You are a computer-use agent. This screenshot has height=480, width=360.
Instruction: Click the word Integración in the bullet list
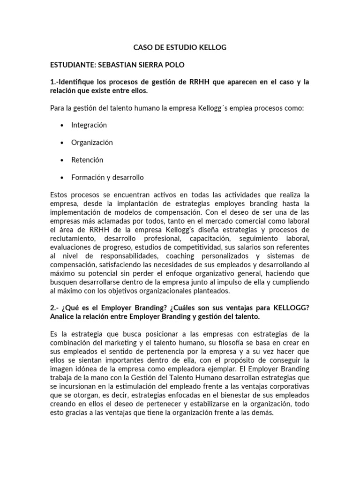(x=89, y=125)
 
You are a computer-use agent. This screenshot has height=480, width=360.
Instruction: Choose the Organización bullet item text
(x=92, y=142)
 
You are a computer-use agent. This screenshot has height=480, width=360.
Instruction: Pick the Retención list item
(x=87, y=160)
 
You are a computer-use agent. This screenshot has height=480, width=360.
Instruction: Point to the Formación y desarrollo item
(x=107, y=177)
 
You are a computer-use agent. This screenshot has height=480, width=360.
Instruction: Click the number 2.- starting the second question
(x=54, y=307)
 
